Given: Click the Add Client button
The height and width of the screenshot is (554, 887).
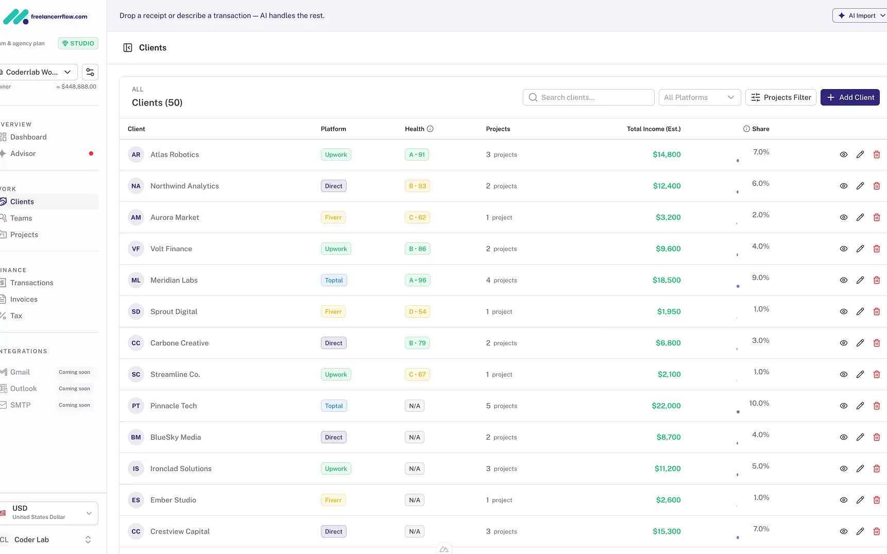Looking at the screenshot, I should (x=849, y=97).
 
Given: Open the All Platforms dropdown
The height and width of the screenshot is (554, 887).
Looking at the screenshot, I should (x=699, y=97).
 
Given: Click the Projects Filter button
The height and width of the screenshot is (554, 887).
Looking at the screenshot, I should (x=780, y=97).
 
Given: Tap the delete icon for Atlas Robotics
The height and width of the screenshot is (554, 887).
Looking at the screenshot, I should (x=876, y=154).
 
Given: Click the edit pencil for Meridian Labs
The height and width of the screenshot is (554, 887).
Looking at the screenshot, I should (x=860, y=280).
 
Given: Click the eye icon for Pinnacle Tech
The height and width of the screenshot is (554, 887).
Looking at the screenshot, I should (x=843, y=406).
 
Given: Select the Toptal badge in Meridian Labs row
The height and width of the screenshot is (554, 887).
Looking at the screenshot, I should (x=334, y=280).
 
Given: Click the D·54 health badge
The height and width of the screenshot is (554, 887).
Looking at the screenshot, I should (x=417, y=311).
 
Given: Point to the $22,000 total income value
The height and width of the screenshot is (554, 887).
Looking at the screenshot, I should (x=666, y=406).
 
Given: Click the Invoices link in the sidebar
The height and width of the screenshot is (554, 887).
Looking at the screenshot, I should (x=24, y=299).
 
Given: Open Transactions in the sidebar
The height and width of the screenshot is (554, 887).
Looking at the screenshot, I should (x=31, y=283).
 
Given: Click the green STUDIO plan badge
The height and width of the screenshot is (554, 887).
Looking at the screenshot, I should (x=78, y=43).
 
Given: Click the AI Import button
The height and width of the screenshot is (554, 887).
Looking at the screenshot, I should (x=859, y=15).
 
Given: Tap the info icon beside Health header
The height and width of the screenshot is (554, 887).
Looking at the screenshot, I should (x=430, y=129).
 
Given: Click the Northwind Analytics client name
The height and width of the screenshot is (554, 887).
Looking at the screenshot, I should (x=184, y=186).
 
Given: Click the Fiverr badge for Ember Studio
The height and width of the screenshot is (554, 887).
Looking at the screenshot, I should (x=333, y=500).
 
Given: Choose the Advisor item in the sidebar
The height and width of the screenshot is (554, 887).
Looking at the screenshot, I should (x=23, y=153).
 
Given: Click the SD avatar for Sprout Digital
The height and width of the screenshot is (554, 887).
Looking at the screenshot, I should (x=136, y=311).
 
